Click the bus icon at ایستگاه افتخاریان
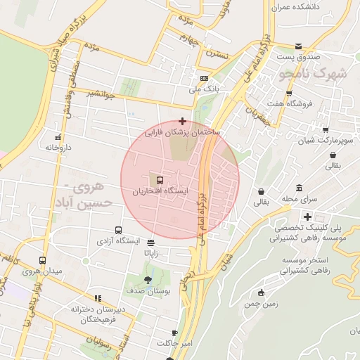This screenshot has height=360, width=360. (160, 180)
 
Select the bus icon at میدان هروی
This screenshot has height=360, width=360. (42, 260)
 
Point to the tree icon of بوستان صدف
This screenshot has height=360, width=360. (147, 279)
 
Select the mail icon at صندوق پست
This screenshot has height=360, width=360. (299, 45)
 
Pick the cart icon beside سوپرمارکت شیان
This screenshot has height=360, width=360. (325, 129)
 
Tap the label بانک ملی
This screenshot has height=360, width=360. (205, 89)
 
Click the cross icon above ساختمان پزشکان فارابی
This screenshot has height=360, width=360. (183, 121)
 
